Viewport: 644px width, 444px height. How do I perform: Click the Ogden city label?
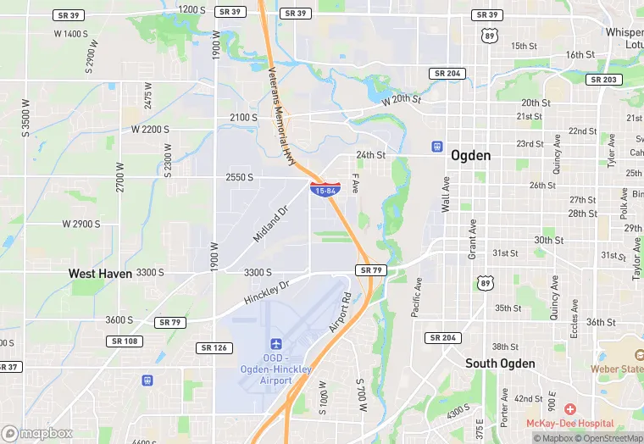click(470, 155)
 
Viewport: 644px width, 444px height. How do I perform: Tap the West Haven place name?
click(100, 274)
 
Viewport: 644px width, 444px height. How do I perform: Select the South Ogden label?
click(500, 364)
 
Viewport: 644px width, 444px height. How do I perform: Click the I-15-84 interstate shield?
click(326, 189)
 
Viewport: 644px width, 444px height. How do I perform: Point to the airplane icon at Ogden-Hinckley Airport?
click(275, 343)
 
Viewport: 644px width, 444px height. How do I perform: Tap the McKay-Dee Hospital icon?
click(569, 409)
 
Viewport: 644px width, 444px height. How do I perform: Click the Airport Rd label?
click(338, 313)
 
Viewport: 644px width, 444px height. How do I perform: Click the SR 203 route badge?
click(604, 80)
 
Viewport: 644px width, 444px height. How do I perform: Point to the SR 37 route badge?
click(8, 367)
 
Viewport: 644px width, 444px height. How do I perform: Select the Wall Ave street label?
click(445, 194)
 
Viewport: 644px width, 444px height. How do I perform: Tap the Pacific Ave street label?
click(416, 298)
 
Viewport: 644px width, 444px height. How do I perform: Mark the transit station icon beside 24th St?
click(437, 147)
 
